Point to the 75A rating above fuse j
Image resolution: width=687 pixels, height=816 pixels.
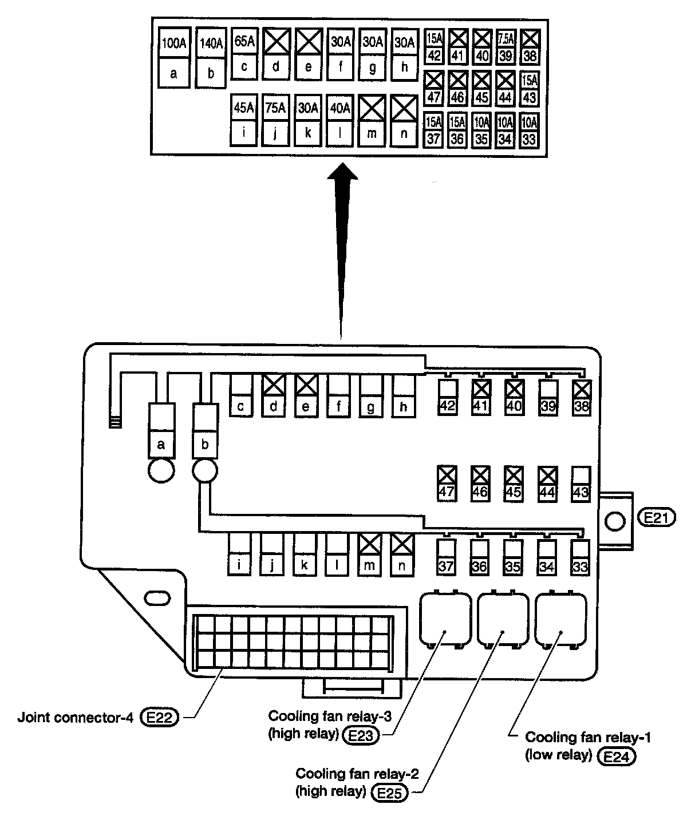point(275,108)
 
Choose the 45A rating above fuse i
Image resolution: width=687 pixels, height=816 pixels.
point(244,108)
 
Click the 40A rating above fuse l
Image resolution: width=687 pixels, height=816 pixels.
point(340,108)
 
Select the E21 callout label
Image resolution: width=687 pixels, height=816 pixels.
point(656,518)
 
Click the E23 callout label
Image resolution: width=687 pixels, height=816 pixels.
point(361,735)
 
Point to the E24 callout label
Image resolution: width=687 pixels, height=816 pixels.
point(616,756)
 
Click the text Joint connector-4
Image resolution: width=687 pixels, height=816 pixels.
point(76,717)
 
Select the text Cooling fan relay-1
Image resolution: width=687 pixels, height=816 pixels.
point(588,737)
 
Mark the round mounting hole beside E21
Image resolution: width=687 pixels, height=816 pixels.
point(615,521)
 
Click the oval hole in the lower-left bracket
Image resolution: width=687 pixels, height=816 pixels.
point(155,598)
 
